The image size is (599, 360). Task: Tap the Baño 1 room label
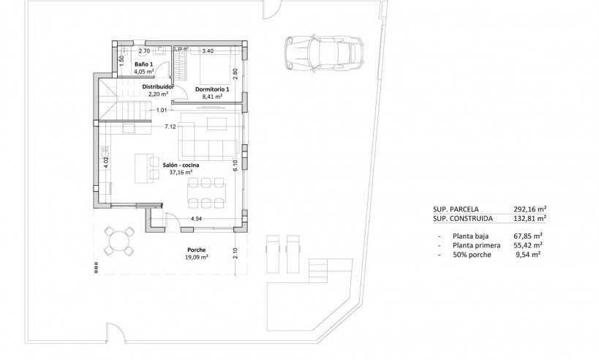pyautogui.click(x=143, y=64)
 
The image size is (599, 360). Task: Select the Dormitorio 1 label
pyautogui.click(x=212, y=89)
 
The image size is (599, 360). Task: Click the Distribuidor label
pyautogui.click(x=158, y=86)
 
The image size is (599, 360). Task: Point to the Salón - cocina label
pyautogui.click(x=181, y=165)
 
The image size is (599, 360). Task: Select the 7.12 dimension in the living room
pyautogui.click(x=170, y=127)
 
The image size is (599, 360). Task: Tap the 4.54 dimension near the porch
pyautogui.click(x=196, y=219)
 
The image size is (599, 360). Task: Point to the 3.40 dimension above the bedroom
pyautogui.click(x=208, y=51)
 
